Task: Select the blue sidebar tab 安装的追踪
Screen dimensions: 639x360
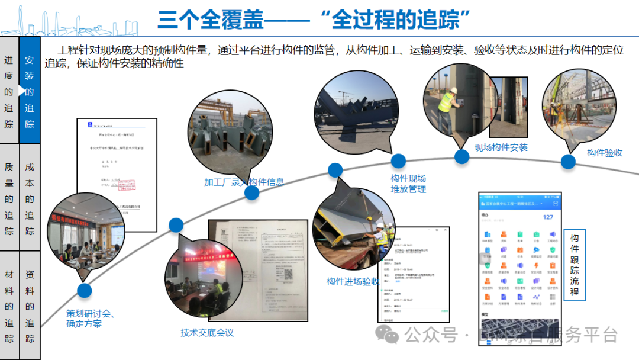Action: (x=30, y=92)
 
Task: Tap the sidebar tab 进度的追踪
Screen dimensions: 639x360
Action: (x=9, y=92)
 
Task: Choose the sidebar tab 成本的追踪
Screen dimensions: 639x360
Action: (x=30, y=199)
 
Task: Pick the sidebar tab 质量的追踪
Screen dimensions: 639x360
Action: (x=9, y=199)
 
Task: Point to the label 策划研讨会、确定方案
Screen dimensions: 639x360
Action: (x=90, y=319)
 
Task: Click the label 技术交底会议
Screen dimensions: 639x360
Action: (x=207, y=333)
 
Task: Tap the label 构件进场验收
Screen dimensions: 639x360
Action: (x=353, y=282)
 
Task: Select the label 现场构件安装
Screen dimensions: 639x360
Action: (x=501, y=147)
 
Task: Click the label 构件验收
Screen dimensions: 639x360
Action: (x=605, y=153)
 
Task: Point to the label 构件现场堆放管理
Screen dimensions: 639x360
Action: (x=408, y=184)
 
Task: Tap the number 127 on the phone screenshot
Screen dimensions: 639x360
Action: (x=548, y=217)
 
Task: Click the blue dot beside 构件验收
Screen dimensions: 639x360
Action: (x=568, y=162)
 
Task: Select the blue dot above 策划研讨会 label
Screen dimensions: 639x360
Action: (x=85, y=290)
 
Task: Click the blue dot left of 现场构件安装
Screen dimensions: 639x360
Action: (x=461, y=156)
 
